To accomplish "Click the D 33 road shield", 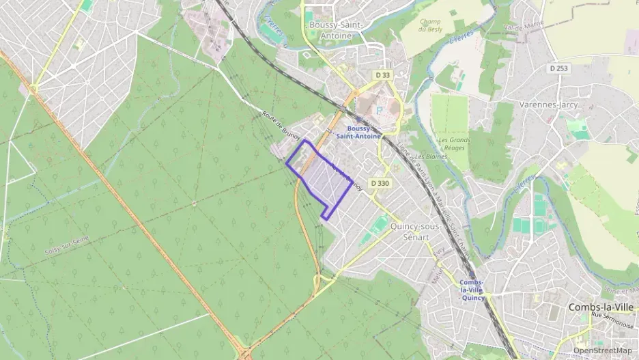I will tap(383, 74).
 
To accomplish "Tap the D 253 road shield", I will tap(559, 68).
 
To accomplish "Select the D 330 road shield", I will tap(380, 183).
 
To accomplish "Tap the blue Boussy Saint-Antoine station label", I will tap(364, 132).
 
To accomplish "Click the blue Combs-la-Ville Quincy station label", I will tap(472, 290).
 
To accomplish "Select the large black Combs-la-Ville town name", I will tap(601, 307).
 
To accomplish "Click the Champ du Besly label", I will tap(431, 25).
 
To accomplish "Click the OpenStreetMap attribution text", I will tap(602, 350).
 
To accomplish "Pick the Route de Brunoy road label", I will tap(281, 124).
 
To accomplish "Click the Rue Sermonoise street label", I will tap(612, 316).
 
